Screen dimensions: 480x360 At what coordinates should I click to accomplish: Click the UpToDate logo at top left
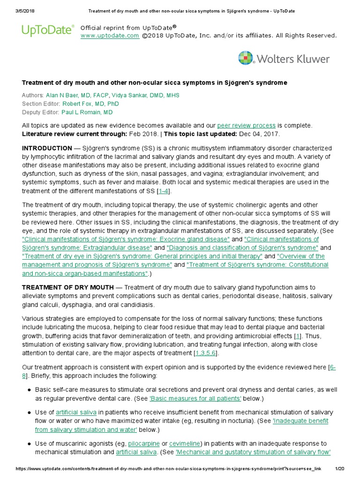click(47, 31)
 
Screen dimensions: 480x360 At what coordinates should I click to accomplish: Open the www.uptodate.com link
click(110, 36)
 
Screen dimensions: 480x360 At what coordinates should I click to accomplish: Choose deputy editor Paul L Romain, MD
click(87, 112)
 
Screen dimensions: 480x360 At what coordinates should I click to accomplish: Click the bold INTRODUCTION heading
click(47, 148)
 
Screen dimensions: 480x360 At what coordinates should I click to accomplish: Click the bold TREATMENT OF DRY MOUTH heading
click(67, 287)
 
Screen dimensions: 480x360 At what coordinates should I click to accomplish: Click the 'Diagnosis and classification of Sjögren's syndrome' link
click(242, 247)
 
